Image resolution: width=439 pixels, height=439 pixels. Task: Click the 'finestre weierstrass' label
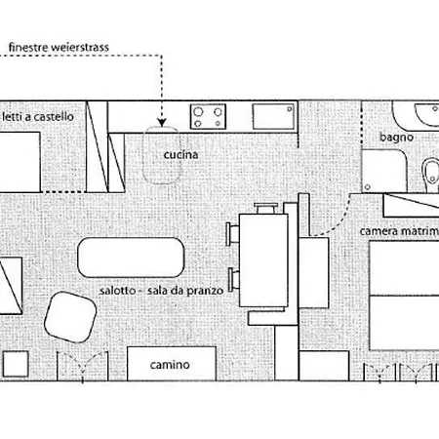(x=59, y=48)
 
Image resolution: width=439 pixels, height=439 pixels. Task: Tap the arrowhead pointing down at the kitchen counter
(x=162, y=123)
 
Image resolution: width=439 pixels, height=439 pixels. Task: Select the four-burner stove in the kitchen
(x=208, y=116)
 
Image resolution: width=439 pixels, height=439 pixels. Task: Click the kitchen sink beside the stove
(x=274, y=116)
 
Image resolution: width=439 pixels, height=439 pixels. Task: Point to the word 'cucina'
(x=180, y=155)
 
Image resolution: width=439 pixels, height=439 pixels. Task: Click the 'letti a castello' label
(x=38, y=117)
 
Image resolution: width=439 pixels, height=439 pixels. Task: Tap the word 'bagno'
(x=396, y=138)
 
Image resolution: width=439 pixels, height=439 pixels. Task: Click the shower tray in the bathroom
(x=384, y=171)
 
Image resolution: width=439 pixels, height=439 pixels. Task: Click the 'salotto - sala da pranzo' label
(x=161, y=291)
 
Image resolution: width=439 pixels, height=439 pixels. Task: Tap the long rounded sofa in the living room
(x=131, y=258)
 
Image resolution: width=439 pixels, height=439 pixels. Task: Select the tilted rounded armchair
(x=70, y=317)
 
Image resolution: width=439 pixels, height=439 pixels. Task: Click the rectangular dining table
(x=263, y=260)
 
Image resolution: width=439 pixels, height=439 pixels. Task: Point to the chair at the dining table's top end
(x=266, y=209)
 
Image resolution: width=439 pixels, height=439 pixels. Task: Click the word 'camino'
(x=170, y=365)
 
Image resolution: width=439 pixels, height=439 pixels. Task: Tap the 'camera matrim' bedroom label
(x=399, y=231)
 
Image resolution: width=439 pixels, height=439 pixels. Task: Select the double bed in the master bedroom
(x=405, y=296)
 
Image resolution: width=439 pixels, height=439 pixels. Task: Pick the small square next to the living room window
(x=16, y=364)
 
